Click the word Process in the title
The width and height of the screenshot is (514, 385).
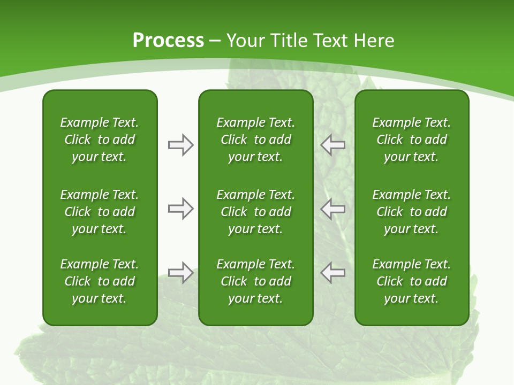coord(168,41)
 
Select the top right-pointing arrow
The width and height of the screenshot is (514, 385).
coord(180,145)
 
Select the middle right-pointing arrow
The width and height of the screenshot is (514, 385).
coord(180,209)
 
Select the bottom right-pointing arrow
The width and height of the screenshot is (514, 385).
coord(180,273)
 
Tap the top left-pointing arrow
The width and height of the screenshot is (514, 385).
coord(333,145)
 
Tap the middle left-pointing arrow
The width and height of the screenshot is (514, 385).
coord(333,209)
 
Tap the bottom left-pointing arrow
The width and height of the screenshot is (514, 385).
coord(333,273)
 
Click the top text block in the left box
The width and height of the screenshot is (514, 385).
coord(100,140)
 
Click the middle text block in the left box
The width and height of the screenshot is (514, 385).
coord(100,212)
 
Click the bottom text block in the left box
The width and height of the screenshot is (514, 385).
coord(100,281)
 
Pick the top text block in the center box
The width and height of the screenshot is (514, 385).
coord(255,140)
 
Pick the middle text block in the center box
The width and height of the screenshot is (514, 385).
coord(255,212)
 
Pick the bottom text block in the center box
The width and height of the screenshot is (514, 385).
coord(255,281)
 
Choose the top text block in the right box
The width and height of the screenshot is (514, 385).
coord(411,140)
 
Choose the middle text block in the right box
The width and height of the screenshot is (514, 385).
coord(411,212)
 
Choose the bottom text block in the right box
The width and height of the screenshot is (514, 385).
coord(411,281)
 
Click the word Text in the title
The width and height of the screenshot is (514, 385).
coord(330,41)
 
